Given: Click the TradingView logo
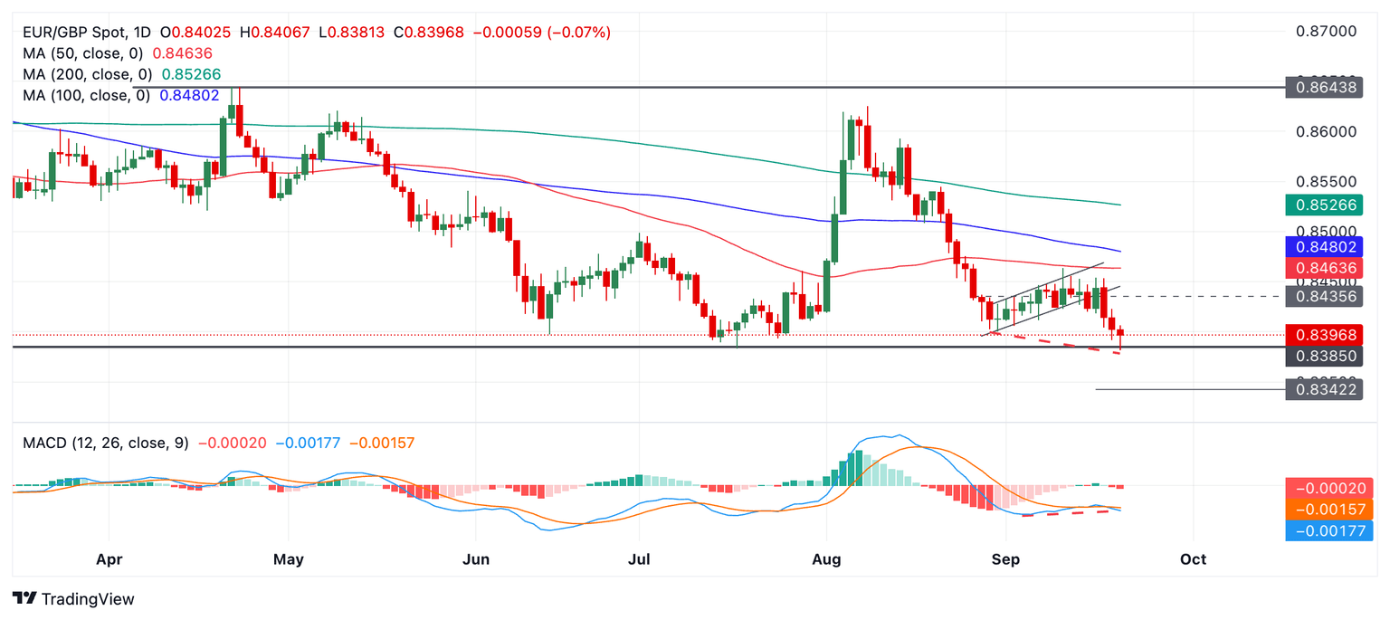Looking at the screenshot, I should (x=74, y=598).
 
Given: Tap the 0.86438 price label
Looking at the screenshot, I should (x=1326, y=88).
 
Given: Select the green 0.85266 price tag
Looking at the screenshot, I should (x=1326, y=205).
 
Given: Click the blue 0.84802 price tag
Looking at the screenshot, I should (x=1326, y=246).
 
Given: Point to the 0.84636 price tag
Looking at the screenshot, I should (x=1326, y=268).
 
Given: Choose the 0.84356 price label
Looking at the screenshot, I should (x=1326, y=296).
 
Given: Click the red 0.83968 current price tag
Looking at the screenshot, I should (x=1326, y=335).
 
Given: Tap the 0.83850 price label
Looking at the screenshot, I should (x=1326, y=357).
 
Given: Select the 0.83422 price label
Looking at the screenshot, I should (x=1326, y=390).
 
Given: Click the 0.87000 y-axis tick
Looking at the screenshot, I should (x=1326, y=32).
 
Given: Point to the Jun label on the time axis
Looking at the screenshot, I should (x=476, y=559).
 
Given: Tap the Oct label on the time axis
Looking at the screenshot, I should (x=1193, y=559).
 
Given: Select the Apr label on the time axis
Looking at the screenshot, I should (x=109, y=559).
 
